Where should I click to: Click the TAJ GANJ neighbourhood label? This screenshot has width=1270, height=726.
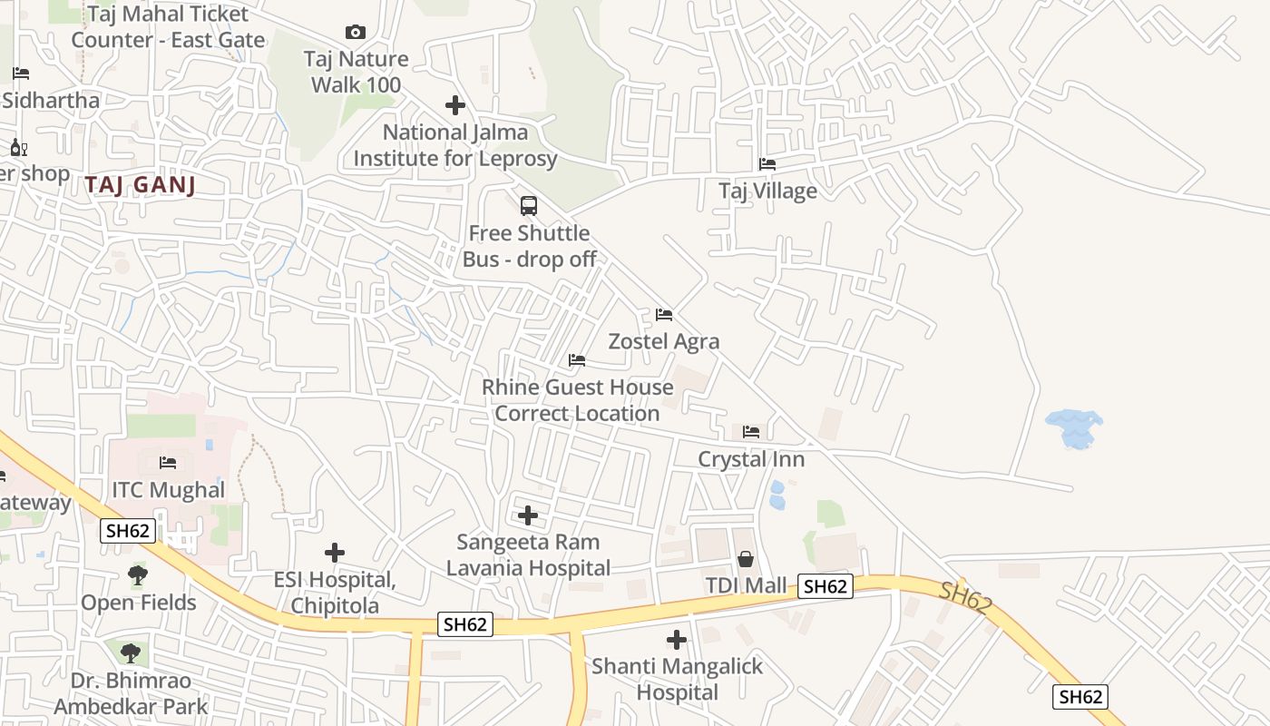click(x=141, y=185)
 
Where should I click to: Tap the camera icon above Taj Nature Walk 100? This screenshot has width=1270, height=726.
click(x=356, y=33)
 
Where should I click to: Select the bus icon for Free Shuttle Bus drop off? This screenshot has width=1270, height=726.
click(x=529, y=206)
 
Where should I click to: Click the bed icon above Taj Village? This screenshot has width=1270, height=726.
click(x=767, y=164)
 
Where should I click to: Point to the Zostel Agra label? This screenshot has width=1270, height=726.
click(x=664, y=341)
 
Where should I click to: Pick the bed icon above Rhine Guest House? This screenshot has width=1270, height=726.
click(x=577, y=360)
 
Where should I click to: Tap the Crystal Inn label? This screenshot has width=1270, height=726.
click(x=751, y=459)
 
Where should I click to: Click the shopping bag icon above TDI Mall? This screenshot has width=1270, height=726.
click(x=746, y=559)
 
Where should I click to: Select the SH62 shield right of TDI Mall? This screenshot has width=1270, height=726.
click(x=825, y=586)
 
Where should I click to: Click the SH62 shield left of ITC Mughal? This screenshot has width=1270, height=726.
click(x=127, y=531)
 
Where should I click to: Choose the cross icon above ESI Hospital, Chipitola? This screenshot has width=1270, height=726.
click(x=335, y=553)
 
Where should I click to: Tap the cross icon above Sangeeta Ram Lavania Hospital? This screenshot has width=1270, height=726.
click(x=528, y=516)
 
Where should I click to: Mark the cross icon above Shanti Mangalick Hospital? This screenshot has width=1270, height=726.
click(x=677, y=640)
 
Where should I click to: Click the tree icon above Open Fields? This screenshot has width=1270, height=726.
click(x=138, y=575)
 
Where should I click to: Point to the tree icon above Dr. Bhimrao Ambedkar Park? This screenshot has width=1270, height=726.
click(x=131, y=652)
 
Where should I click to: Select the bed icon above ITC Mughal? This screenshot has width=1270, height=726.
click(x=168, y=463)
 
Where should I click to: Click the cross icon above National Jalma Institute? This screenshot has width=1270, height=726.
click(x=455, y=105)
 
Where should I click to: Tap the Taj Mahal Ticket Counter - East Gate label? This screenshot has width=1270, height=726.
click(x=168, y=27)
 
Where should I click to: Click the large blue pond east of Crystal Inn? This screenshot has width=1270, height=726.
click(x=1074, y=428)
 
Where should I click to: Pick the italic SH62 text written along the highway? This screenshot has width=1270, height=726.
click(x=963, y=597)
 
